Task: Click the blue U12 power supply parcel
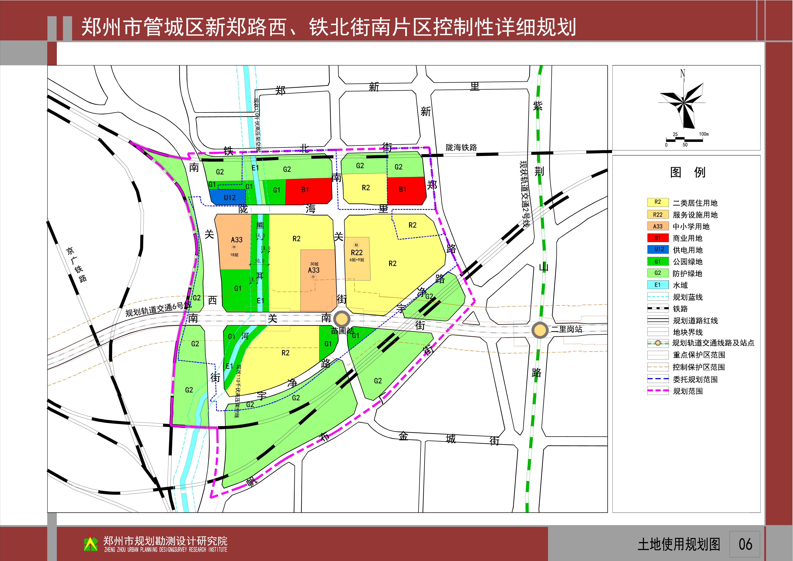coord(228,197)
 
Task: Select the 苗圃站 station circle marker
coord(342,319)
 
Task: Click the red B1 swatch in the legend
coord(658,238)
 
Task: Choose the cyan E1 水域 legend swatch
coord(658,285)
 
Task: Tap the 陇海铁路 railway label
coord(461,148)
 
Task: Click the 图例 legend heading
coord(687,172)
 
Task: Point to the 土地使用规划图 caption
coord(679,544)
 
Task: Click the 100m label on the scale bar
coord(704,134)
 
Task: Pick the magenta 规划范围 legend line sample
coord(658,391)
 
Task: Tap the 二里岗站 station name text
coord(566,329)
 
